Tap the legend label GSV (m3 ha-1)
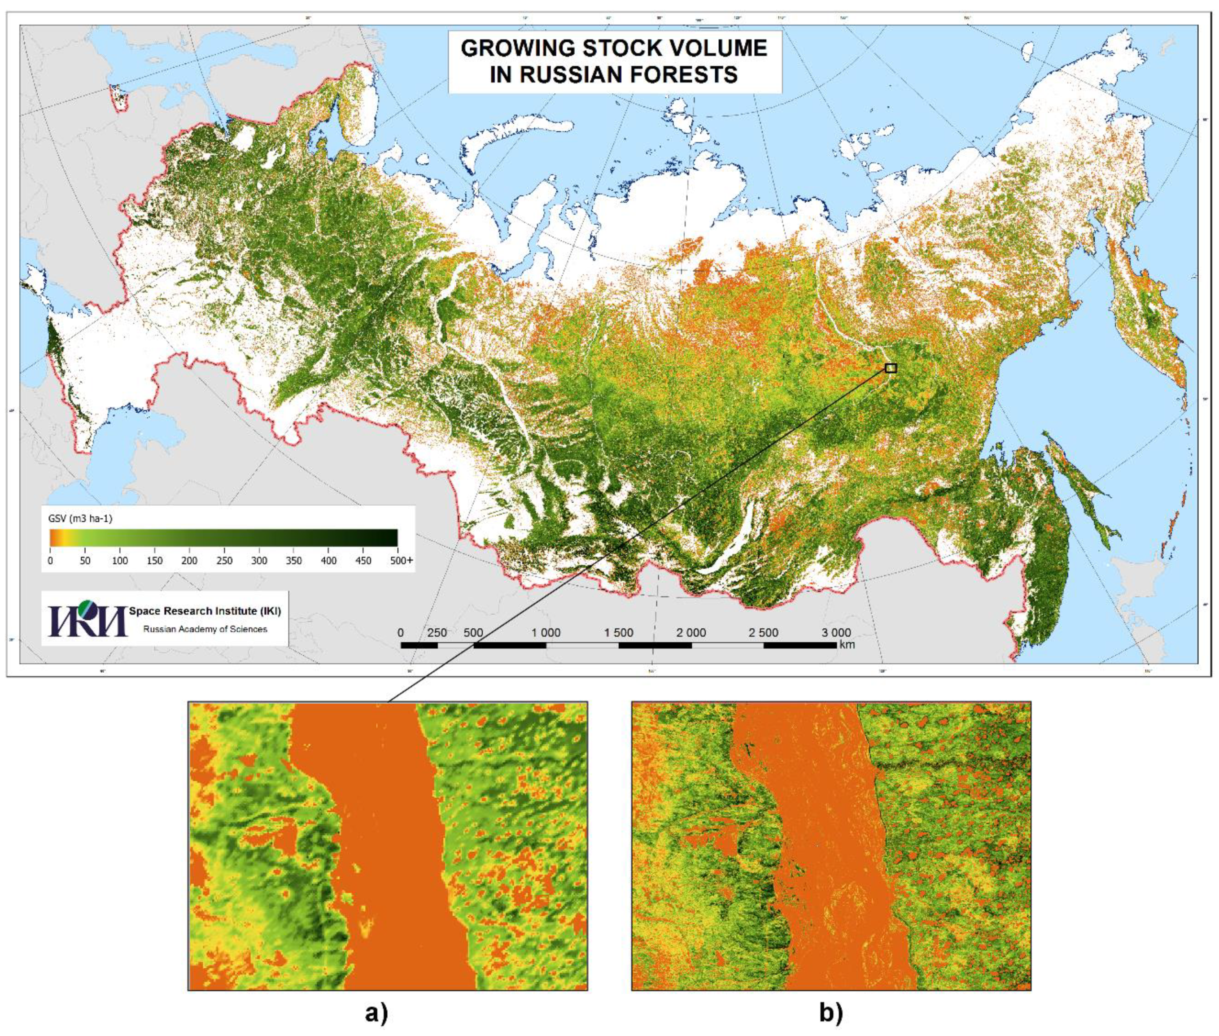[x=80, y=519]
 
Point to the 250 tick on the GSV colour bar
[x=224, y=561]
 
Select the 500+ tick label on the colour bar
[x=402, y=561]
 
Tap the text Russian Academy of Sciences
[x=205, y=629]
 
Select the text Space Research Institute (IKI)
[x=205, y=611]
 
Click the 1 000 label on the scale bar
[x=546, y=632]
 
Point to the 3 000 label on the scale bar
[x=835, y=632]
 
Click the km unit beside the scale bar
[x=847, y=644]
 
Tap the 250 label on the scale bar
[x=437, y=632]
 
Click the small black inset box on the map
[x=891, y=368]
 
